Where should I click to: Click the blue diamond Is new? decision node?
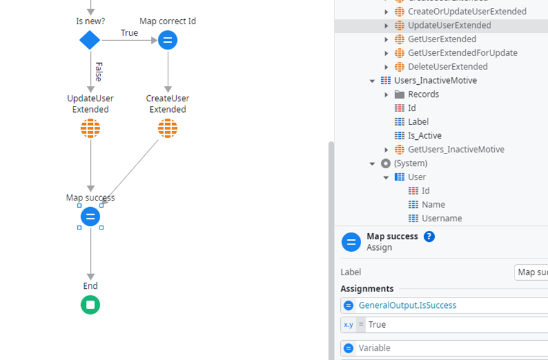90,41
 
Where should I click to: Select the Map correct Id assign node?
168,41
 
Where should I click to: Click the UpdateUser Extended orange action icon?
90,129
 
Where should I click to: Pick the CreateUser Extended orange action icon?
168,129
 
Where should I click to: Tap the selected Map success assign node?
90,216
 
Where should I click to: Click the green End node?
90,305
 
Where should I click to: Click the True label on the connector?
129,33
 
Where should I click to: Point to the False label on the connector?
98,71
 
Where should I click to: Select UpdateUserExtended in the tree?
449,25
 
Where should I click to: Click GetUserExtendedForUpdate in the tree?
462,53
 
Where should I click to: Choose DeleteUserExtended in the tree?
447,67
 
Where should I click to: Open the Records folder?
423,95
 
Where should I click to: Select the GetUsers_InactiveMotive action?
455,150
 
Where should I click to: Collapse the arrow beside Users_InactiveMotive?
372,81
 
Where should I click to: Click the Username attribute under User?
442,218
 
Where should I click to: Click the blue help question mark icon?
429,236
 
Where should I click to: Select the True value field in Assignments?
455,325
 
